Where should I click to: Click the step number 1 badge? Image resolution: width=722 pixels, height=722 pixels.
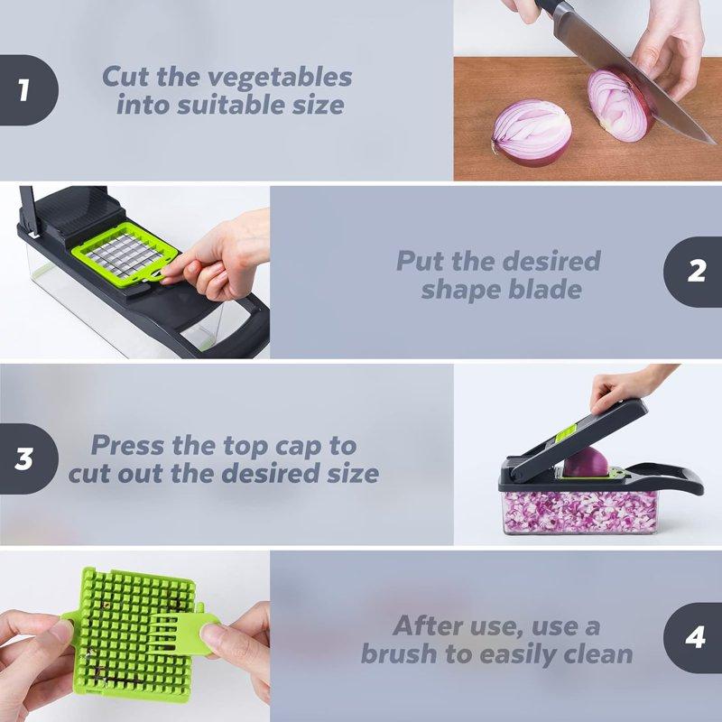(24, 89)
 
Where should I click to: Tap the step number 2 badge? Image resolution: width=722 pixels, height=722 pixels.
(696, 272)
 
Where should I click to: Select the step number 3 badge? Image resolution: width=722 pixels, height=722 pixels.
(24, 458)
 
